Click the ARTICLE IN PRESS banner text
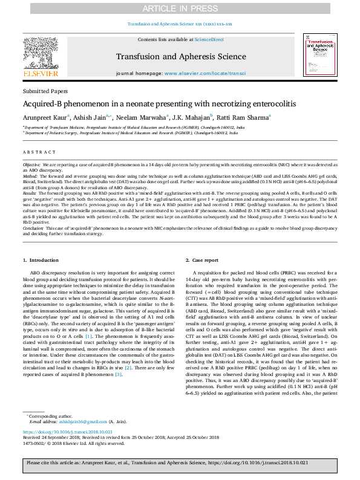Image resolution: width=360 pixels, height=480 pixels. pyautogui.click(x=180, y=8)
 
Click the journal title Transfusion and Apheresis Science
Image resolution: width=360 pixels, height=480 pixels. pyautogui.click(x=180, y=58)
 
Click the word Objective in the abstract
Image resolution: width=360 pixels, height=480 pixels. pyautogui.click(x=31, y=164)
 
